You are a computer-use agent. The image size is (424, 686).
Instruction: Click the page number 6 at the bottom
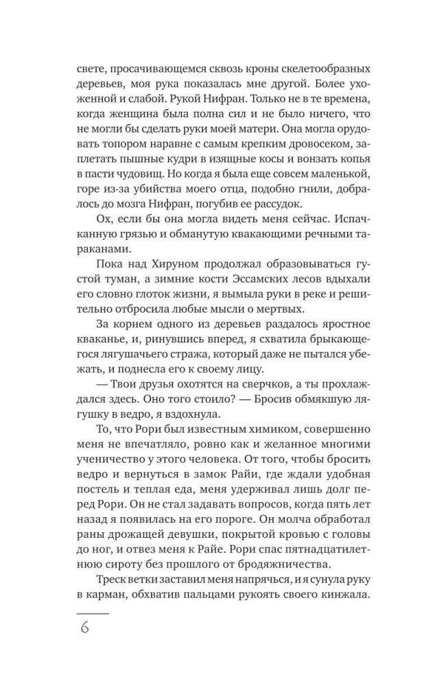click(84, 627)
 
